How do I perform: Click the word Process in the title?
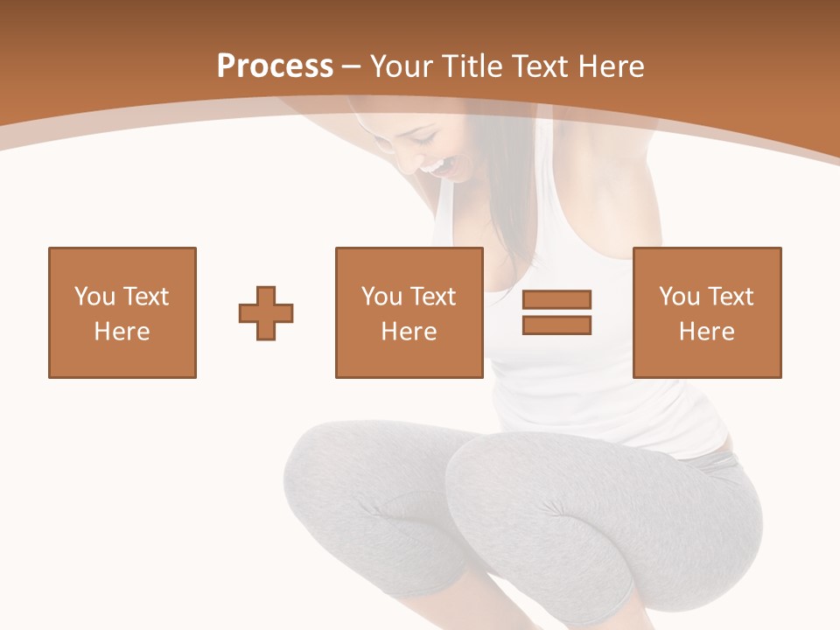tap(275, 66)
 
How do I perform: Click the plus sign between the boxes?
tap(266, 312)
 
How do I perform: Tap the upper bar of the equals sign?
tap(556, 300)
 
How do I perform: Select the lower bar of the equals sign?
tap(556, 325)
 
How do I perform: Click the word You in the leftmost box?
tap(94, 297)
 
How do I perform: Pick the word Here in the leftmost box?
tap(122, 332)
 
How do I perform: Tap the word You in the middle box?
tap(381, 297)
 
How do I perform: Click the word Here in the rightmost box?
tap(706, 332)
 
